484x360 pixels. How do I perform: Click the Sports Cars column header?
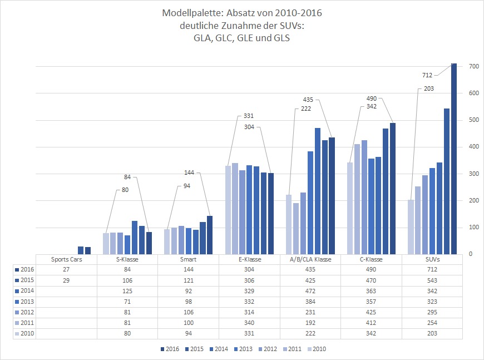point(66,259)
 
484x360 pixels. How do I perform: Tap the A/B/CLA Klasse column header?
point(310,259)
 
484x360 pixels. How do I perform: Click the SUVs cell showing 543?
point(432,280)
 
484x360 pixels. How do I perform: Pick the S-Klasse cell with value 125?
point(127,291)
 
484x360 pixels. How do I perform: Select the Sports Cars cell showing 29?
point(66,280)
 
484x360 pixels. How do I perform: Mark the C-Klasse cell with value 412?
point(371,323)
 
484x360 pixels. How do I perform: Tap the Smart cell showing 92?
point(188,291)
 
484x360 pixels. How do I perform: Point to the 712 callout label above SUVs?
point(427,75)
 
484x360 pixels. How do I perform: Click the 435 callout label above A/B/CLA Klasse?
point(308,100)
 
